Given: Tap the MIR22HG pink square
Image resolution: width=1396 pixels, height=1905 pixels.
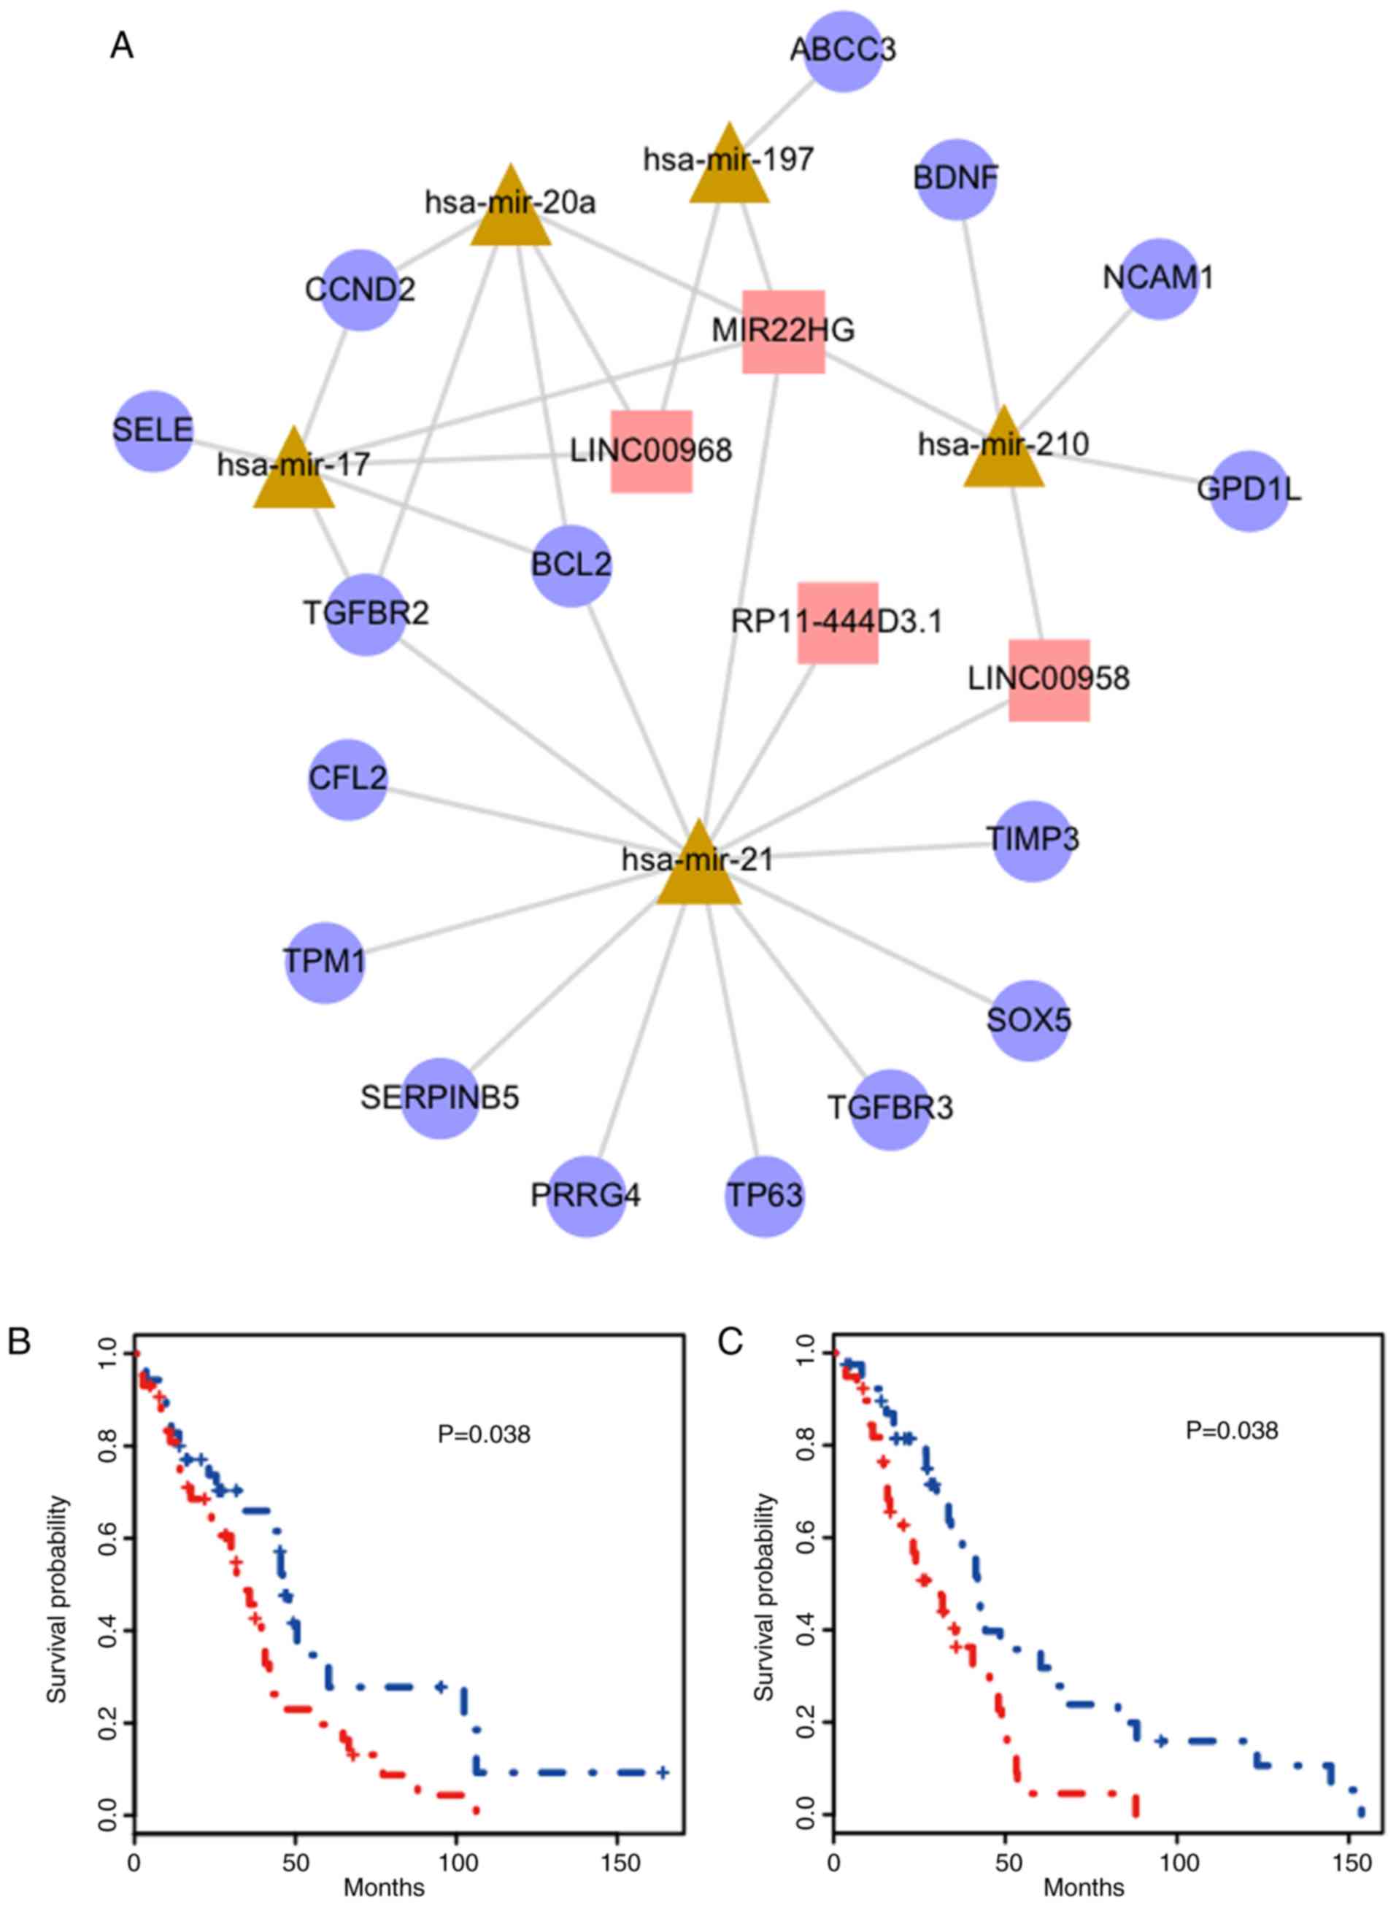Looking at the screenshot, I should coord(783,331).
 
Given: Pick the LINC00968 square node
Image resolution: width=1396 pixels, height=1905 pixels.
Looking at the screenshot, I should coord(652,451).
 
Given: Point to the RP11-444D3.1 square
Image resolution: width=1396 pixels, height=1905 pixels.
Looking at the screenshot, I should coord(838,622).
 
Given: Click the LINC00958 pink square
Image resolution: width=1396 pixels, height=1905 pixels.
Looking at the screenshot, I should coord(1049,680).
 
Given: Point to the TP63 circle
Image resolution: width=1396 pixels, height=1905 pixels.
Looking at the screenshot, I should coord(765,1197).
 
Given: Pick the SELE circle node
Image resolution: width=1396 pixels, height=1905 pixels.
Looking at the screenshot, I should coord(153,431).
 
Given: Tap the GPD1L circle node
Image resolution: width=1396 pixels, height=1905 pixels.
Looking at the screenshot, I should coord(1249,491).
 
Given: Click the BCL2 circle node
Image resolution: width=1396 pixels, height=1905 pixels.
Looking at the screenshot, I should coord(572,564).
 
